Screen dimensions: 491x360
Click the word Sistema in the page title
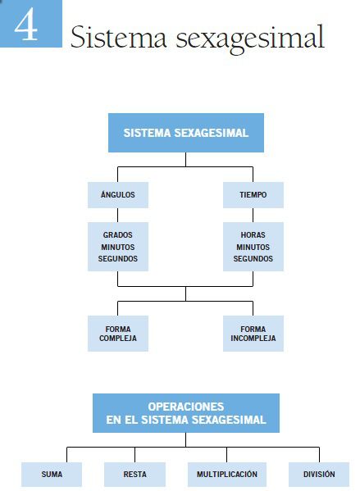pyautogui.click(x=116, y=38)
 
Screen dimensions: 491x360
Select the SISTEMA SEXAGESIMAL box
pyautogui.click(x=185, y=132)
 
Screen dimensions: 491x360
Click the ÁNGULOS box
pyautogui.click(x=118, y=194)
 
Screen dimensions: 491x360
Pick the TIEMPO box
pyautogui.click(x=253, y=194)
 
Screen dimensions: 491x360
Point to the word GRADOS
pyautogui.click(x=118, y=234)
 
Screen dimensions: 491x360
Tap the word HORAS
pyautogui.click(x=253, y=234)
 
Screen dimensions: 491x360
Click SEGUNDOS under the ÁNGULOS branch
pyautogui.click(x=118, y=258)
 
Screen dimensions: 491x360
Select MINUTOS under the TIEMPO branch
pyautogui.click(x=253, y=246)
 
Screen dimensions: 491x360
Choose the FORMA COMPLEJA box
pyautogui.click(x=118, y=333)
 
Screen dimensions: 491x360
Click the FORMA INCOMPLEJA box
pyautogui.click(x=253, y=333)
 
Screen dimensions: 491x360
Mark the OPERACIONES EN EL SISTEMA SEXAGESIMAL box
pyautogui.click(x=185, y=413)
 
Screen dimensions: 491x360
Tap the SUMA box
pyautogui.click(x=52, y=474)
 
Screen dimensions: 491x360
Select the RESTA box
pyautogui.click(x=134, y=474)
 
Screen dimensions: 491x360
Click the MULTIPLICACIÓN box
pyautogui.click(x=227, y=474)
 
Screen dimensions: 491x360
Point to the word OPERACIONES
pyautogui.click(x=185, y=407)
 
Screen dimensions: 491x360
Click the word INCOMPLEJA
pyautogui.click(x=253, y=339)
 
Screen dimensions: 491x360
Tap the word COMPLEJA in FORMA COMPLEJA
pyautogui.click(x=118, y=339)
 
